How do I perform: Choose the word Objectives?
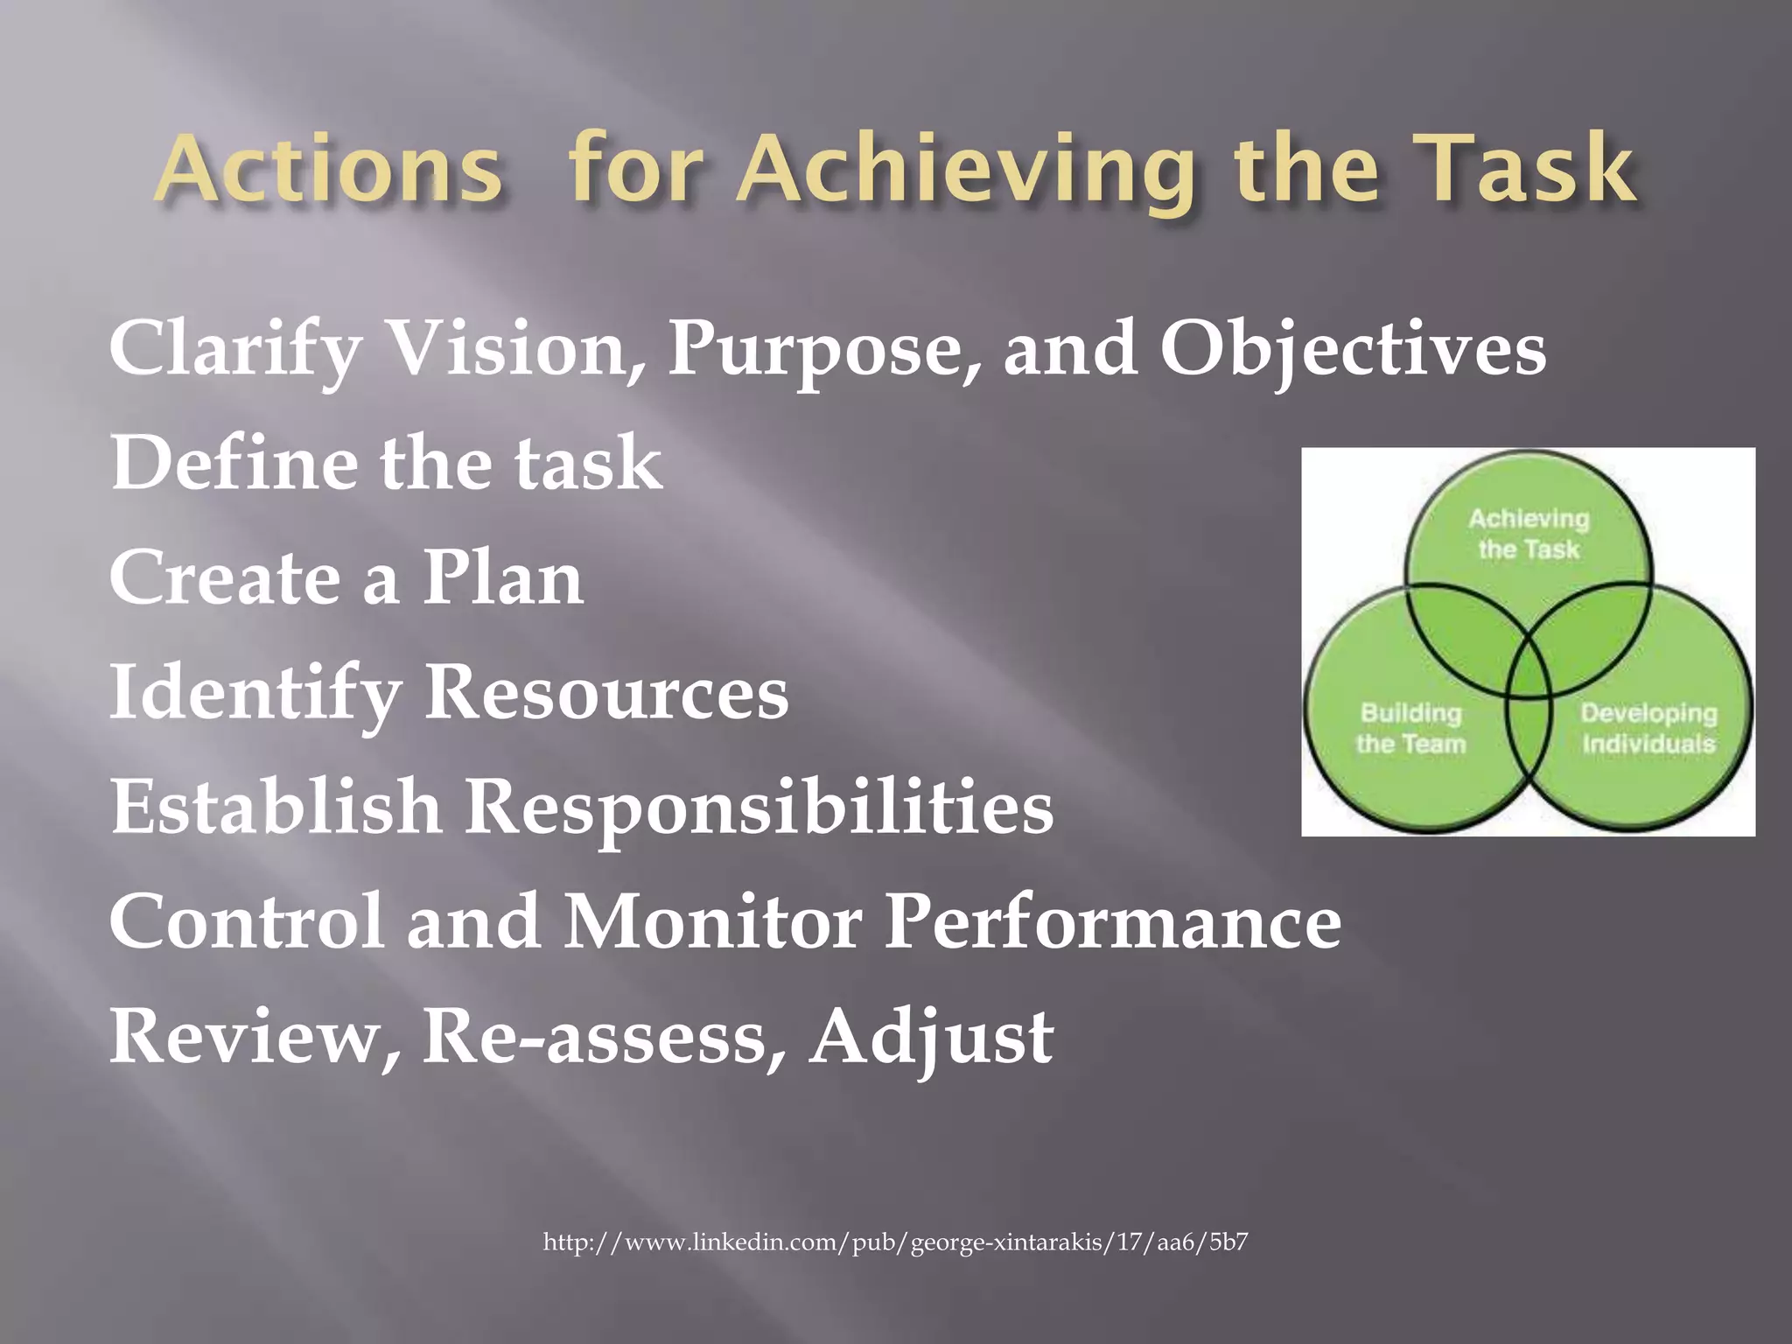[x=1353, y=349]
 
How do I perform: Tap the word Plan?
[x=503, y=578]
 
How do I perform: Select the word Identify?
[x=255, y=693]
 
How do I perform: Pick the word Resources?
[x=606, y=693]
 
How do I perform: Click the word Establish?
[x=276, y=807]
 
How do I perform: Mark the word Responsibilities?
[x=759, y=807]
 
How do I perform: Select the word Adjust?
[x=931, y=1038]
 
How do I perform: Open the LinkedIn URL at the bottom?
[x=895, y=1242]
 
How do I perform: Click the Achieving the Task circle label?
[x=1529, y=534]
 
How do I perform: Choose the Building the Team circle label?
[x=1410, y=728]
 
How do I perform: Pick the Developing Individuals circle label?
[x=1648, y=728]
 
